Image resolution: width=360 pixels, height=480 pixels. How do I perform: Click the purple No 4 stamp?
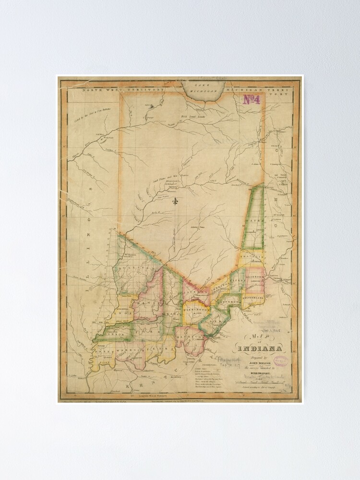(x=251, y=100)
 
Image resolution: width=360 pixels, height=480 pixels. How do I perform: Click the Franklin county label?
(x=253, y=257)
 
